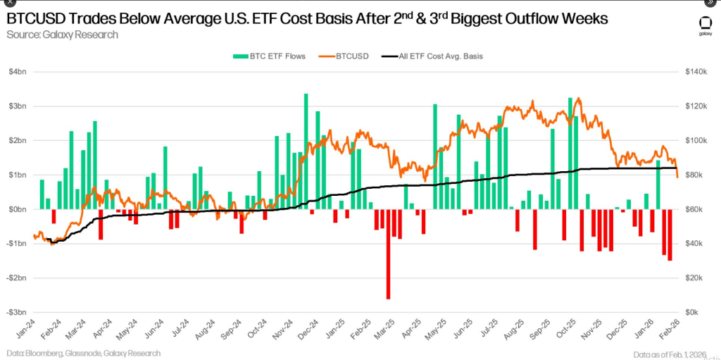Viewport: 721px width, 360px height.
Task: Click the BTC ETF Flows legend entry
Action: (274, 56)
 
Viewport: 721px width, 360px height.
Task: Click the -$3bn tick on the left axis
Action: (17, 312)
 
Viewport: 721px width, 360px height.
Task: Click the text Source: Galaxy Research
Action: (62, 34)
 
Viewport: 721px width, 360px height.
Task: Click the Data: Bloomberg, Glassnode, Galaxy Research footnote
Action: (84, 353)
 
